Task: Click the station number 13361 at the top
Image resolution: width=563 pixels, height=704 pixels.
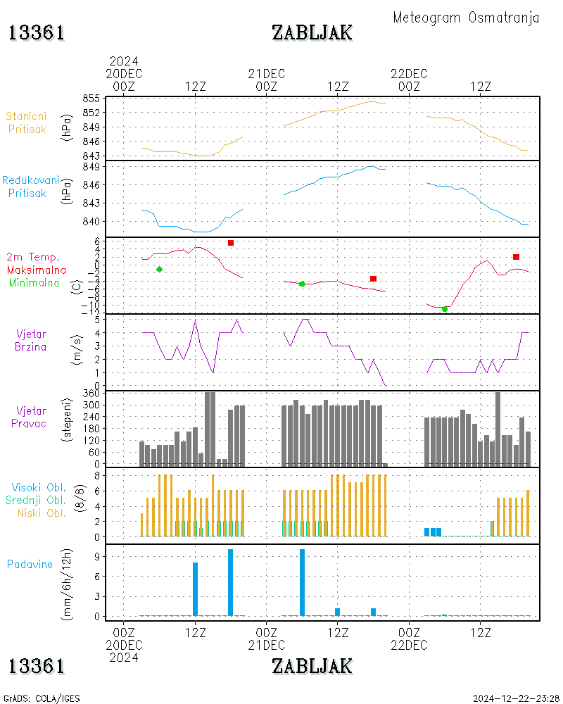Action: click(37, 32)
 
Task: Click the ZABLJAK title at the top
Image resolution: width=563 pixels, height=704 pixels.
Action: click(312, 32)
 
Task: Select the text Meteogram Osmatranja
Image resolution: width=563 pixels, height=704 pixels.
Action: click(466, 18)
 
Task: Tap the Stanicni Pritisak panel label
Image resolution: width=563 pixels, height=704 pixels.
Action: click(27, 122)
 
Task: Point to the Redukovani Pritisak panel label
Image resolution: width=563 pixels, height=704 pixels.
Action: click(30, 187)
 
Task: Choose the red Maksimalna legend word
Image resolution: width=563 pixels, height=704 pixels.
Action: click(37, 270)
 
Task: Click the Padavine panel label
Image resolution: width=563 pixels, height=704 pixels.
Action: click(30, 564)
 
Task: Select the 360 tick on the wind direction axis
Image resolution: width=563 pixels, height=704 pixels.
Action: click(92, 393)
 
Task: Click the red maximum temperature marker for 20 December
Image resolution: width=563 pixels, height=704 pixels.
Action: click(231, 243)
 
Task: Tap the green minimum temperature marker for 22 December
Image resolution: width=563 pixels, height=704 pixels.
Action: click(445, 309)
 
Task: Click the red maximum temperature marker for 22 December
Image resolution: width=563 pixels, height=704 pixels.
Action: click(516, 257)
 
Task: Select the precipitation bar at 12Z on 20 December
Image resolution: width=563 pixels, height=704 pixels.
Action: click(195, 589)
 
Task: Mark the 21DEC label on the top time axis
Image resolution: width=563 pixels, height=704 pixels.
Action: click(267, 74)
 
